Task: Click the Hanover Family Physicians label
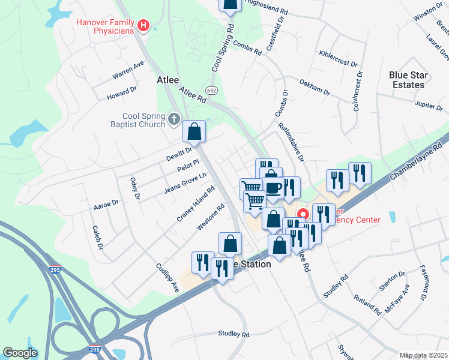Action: [104, 26]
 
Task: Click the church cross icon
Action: [174, 119]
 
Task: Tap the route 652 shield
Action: [211, 90]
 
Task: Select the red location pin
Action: [304, 214]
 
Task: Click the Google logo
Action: [20, 353]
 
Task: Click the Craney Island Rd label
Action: [196, 205]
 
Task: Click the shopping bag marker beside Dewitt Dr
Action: [194, 131]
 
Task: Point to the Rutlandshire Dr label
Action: [292, 142]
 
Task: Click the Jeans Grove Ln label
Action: [185, 183]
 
